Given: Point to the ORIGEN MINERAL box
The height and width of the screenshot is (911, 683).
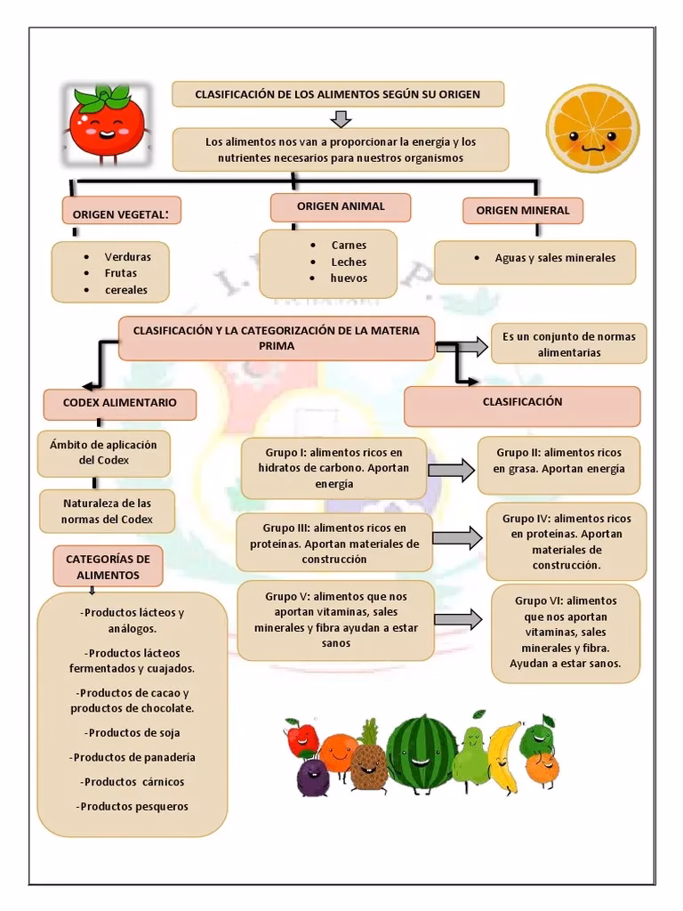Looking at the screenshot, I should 523,211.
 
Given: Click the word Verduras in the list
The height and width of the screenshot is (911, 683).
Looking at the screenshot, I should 127,257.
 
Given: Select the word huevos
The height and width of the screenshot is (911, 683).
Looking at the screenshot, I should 349,278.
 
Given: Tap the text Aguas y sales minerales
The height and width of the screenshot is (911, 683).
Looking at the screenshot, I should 555,258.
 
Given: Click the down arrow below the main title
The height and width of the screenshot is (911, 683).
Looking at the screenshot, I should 341,118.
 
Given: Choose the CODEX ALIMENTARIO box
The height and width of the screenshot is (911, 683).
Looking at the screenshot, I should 119,403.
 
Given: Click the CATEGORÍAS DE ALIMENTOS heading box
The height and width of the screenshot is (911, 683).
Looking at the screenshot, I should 108,567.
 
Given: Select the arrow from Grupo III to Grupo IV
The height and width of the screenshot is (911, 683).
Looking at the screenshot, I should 457,537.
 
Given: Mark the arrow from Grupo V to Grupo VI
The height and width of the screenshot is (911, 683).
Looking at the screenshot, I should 458,617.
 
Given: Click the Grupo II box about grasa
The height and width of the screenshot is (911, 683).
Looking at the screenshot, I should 558,461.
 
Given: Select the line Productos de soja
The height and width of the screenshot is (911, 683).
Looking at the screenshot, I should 133,733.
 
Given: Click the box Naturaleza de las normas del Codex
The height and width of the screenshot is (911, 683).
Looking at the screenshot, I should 107,512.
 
